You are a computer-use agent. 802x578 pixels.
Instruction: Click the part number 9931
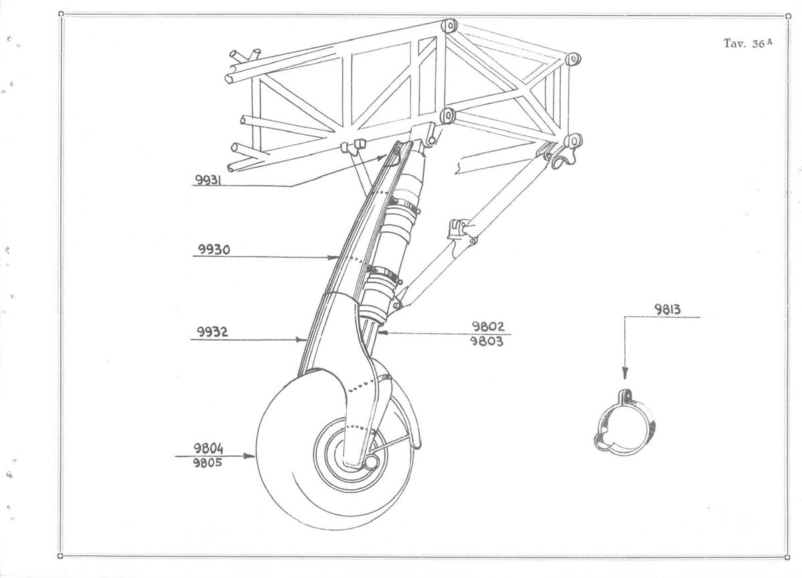coord(208,180)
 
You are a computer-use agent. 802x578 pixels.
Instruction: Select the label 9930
coord(214,249)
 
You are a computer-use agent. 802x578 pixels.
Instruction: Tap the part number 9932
coord(213,332)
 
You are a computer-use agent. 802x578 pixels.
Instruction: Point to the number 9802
coord(488,326)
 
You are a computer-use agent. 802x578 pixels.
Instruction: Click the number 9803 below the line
coord(487,341)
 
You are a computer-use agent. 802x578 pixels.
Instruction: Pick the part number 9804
coord(209,448)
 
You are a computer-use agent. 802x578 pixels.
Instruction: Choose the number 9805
coord(208,463)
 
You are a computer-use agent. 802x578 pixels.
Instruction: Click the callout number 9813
coord(668,309)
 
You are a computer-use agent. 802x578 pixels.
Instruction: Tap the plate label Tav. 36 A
coord(748,43)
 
